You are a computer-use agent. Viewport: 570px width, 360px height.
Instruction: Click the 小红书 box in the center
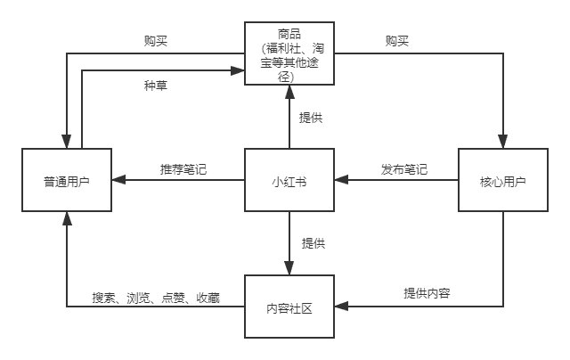point(289,181)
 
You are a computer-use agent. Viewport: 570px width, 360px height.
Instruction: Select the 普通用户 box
point(67,181)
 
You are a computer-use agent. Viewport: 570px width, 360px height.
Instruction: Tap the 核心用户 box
point(502,181)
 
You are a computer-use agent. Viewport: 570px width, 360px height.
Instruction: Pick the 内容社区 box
point(289,307)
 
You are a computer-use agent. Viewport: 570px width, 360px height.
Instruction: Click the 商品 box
point(289,54)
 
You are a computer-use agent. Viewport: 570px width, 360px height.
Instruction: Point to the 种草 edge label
point(155,86)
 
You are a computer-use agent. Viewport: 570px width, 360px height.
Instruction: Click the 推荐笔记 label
point(183,169)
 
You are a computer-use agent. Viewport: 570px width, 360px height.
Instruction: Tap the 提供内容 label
point(427,293)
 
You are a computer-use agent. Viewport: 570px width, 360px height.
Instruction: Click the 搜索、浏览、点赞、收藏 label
point(156,297)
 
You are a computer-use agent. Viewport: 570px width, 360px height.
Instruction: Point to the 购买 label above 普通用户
point(156,41)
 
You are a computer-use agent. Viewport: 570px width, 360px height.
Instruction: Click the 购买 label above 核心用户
point(397,41)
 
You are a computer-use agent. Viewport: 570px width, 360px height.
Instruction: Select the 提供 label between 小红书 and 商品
point(311,118)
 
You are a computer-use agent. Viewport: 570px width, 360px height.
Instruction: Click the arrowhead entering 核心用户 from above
point(502,143)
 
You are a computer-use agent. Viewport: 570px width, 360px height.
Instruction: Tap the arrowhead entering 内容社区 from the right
point(341,307)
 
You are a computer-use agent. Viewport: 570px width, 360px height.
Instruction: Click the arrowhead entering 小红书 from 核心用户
point(341,181)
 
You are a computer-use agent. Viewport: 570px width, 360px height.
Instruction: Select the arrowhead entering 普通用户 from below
point(67,217)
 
